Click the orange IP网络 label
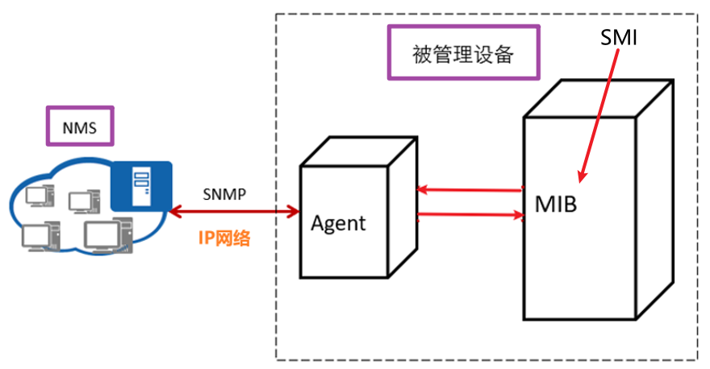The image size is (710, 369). coord(224,238)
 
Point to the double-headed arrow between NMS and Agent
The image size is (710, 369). coord(234,211)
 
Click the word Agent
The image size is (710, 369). coord(338,222)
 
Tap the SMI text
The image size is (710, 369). coord(620,37)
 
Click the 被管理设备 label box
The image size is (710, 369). coord(462,55)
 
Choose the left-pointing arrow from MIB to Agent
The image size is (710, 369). coord(468,190)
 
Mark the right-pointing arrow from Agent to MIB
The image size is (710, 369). coord(468,215)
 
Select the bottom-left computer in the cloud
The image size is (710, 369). coord(36,235)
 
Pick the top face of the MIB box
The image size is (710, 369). coord(598,99)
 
